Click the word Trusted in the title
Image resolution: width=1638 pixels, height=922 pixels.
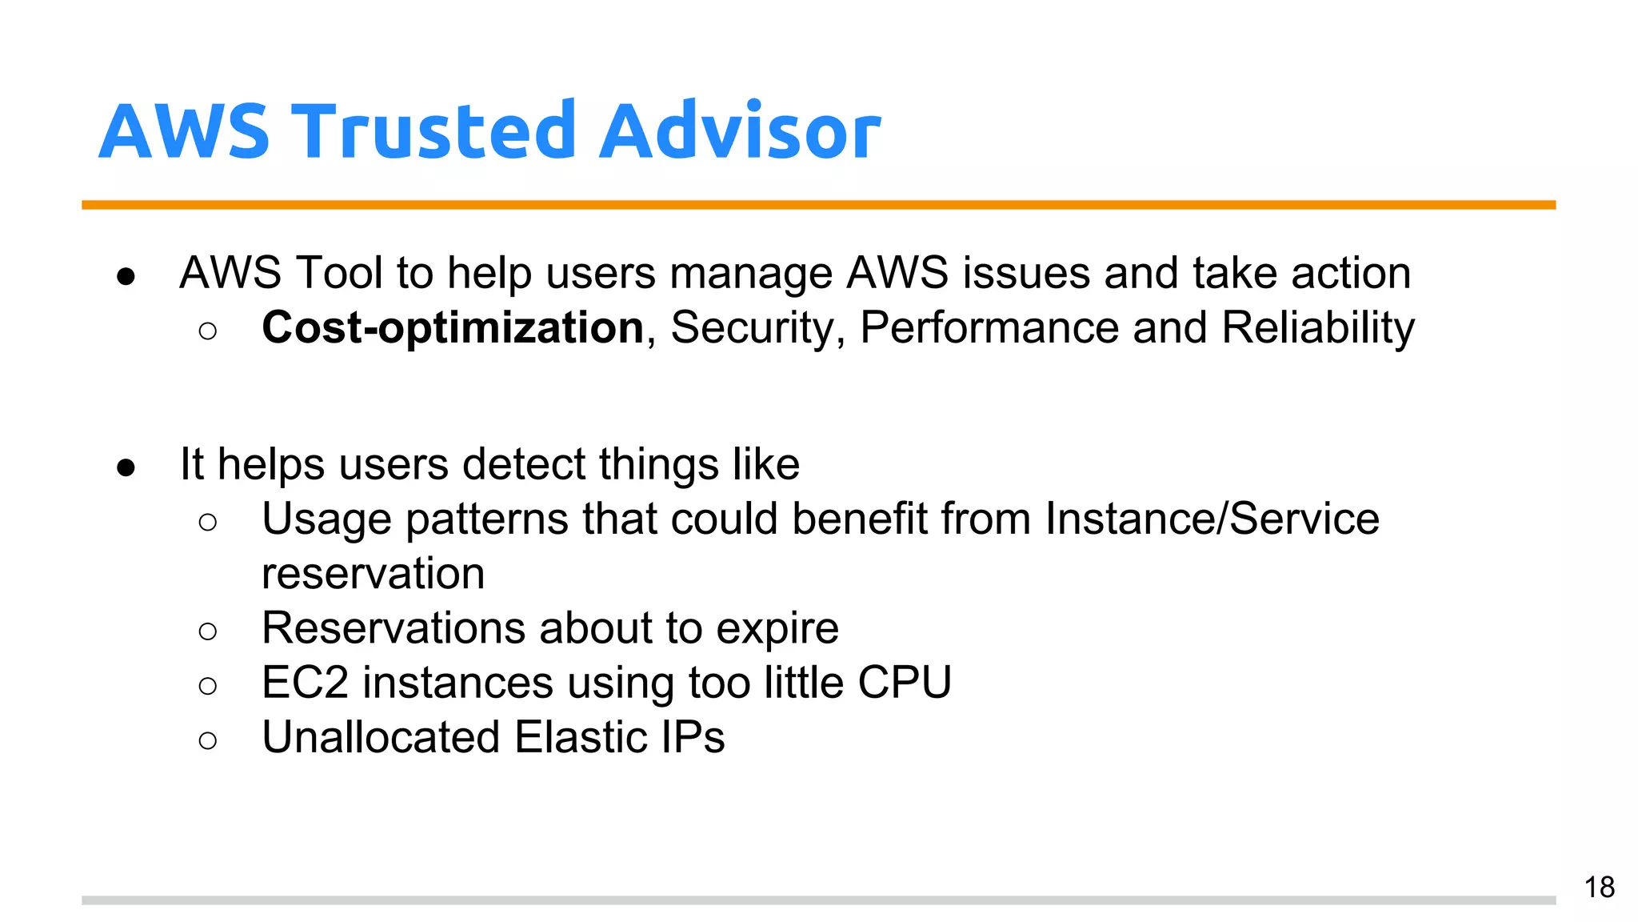click(x=437, y=132)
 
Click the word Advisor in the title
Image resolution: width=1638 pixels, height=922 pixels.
click(x=740, y=132)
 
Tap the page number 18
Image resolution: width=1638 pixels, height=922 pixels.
click(x=1599, y=888)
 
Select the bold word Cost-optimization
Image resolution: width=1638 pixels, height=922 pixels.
click(x=453, y=328)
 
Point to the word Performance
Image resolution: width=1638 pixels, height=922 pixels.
click(x=989, y=328)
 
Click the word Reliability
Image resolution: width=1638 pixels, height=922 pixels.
click(x=1317, y=328)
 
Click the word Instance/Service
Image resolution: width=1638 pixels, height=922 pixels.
click(x=1212, y=519)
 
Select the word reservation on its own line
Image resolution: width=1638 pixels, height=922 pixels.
click(x=373, y=574)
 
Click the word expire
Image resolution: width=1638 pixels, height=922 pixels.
click(x=777, y=628)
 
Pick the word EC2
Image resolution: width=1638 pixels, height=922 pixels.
click(x=305, y=683)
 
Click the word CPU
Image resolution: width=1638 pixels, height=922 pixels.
click(x=905, y=683)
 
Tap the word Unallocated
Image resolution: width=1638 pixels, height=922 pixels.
click(x=381, y=737)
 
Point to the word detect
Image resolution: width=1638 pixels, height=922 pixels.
click(x=524, y=464)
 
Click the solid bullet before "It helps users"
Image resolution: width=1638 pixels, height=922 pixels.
click(x=126, y=467)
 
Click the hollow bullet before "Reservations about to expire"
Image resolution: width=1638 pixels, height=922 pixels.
click(x=207, y=631)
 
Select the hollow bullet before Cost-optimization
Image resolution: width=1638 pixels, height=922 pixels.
click(x=207, y=331)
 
